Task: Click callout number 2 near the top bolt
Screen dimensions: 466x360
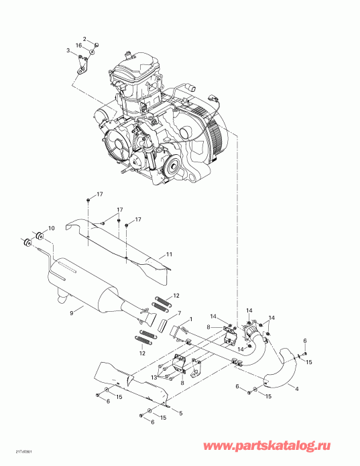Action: point(85,38)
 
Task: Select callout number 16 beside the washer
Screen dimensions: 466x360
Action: point(78,44)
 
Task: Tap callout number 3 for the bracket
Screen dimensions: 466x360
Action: point(68,50)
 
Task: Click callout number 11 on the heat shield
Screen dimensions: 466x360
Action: point(170,254)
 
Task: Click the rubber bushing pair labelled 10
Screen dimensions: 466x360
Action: point(35,238)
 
